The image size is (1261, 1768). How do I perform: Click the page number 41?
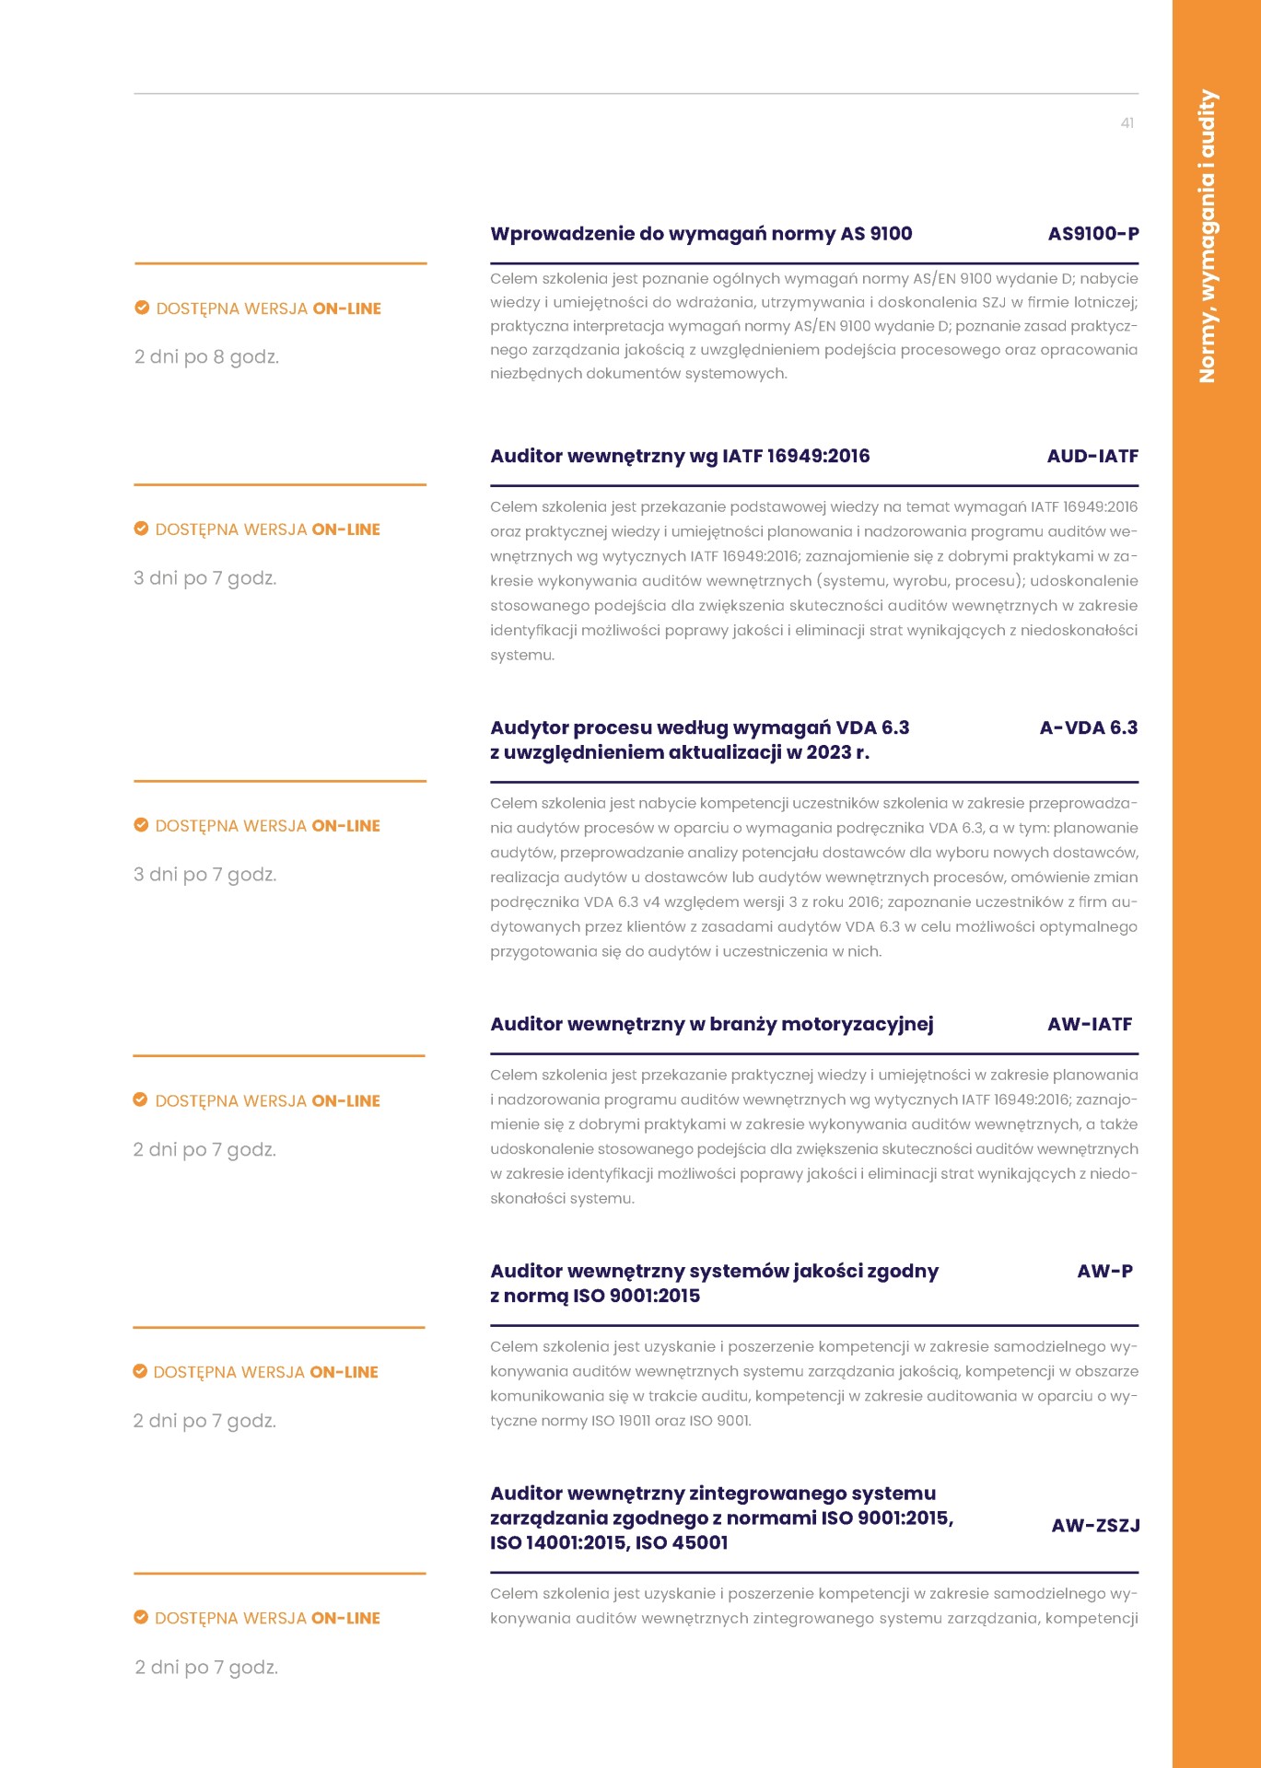[x=1127, y=123]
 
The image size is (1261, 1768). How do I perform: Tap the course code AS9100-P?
[x=1092, y=234]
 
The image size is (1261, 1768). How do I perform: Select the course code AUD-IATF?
[x=1092, y=456]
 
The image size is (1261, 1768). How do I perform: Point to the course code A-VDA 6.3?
[x=1088, y=727]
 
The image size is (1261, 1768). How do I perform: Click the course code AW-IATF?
[x=1090, y=1024]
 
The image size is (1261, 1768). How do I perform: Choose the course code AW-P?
[x=1104, y=1271]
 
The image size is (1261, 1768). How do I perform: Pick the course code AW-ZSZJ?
[x=1095, y=1526]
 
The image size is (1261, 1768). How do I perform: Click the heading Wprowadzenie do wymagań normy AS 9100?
[x=701, y=234]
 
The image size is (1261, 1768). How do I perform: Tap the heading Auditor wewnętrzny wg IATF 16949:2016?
[x=680, y=456]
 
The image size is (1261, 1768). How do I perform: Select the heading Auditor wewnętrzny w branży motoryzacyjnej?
[x=711, y=1024]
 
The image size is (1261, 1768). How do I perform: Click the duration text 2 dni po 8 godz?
[x=206, y=357]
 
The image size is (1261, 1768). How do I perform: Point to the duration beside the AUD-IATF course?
[x=205, y=578]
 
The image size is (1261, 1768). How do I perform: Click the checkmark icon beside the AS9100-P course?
[x=142, y=308]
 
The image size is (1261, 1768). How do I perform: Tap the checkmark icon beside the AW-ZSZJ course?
[x=141, y=1617]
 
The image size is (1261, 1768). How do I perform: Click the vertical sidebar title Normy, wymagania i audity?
[x=1207, y=236]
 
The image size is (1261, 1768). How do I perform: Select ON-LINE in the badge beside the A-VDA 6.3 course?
[x=345, y=826]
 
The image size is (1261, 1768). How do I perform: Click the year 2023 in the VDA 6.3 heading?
[x=827, y=752]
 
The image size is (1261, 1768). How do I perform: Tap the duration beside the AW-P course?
[x=204, y=1421]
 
